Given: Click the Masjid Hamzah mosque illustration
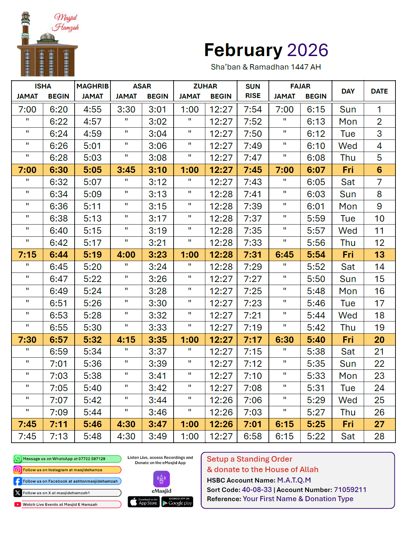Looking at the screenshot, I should pos(47,47).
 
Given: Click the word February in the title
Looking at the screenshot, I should pos(243,50).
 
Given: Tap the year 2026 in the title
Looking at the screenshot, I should pos(308,50).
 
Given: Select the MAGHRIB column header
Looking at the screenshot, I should pos(93,86).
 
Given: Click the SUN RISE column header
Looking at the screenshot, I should pos(253,91).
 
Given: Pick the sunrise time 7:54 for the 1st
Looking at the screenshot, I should pos(253,109).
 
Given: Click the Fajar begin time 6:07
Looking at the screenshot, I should pos(316,170).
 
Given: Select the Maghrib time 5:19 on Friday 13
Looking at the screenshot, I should pos(93,255).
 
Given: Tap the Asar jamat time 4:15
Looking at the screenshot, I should pos(126,340).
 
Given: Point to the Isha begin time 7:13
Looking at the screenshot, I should pos(59,436).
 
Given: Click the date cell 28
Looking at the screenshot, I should pos(379,436).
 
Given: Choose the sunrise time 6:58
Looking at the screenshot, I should pos(253,436).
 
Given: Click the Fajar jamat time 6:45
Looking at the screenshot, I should pos(284,255).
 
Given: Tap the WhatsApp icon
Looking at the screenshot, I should pos(18,459).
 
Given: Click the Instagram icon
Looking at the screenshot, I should pos(18,470).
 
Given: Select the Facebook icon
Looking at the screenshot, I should pos(18,481).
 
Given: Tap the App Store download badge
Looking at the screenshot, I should pos(144,502).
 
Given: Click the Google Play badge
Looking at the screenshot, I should pos(177,502).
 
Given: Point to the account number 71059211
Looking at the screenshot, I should pos(350,490).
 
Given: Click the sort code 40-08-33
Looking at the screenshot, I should pos(257,490).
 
